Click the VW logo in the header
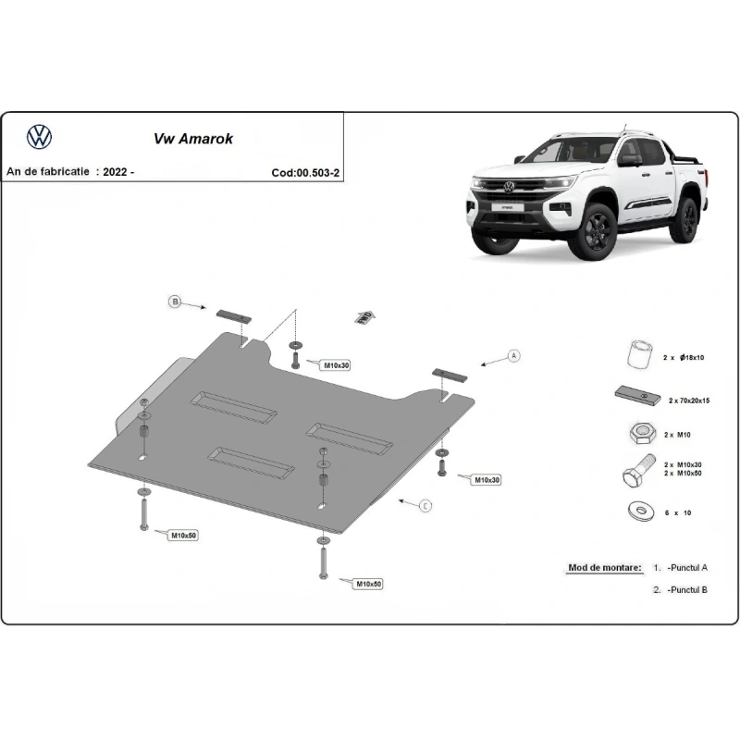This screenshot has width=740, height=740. [39, 138]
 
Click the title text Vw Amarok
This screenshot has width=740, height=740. [192, 140]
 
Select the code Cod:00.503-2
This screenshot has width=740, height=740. [305, 172]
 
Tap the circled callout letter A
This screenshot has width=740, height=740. [514, 356]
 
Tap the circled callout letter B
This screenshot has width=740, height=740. [173, 302]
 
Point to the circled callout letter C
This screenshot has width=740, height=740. [425, 505]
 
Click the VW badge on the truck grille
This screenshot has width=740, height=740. [507, 186]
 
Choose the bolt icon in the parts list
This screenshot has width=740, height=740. [635, 472]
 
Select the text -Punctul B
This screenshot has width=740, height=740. [687, 589]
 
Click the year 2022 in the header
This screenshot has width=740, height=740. [117, 172]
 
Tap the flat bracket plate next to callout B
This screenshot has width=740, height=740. [232, 315]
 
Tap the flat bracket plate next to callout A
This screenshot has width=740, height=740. [450, 374]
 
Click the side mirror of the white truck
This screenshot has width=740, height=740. [630, 160]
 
